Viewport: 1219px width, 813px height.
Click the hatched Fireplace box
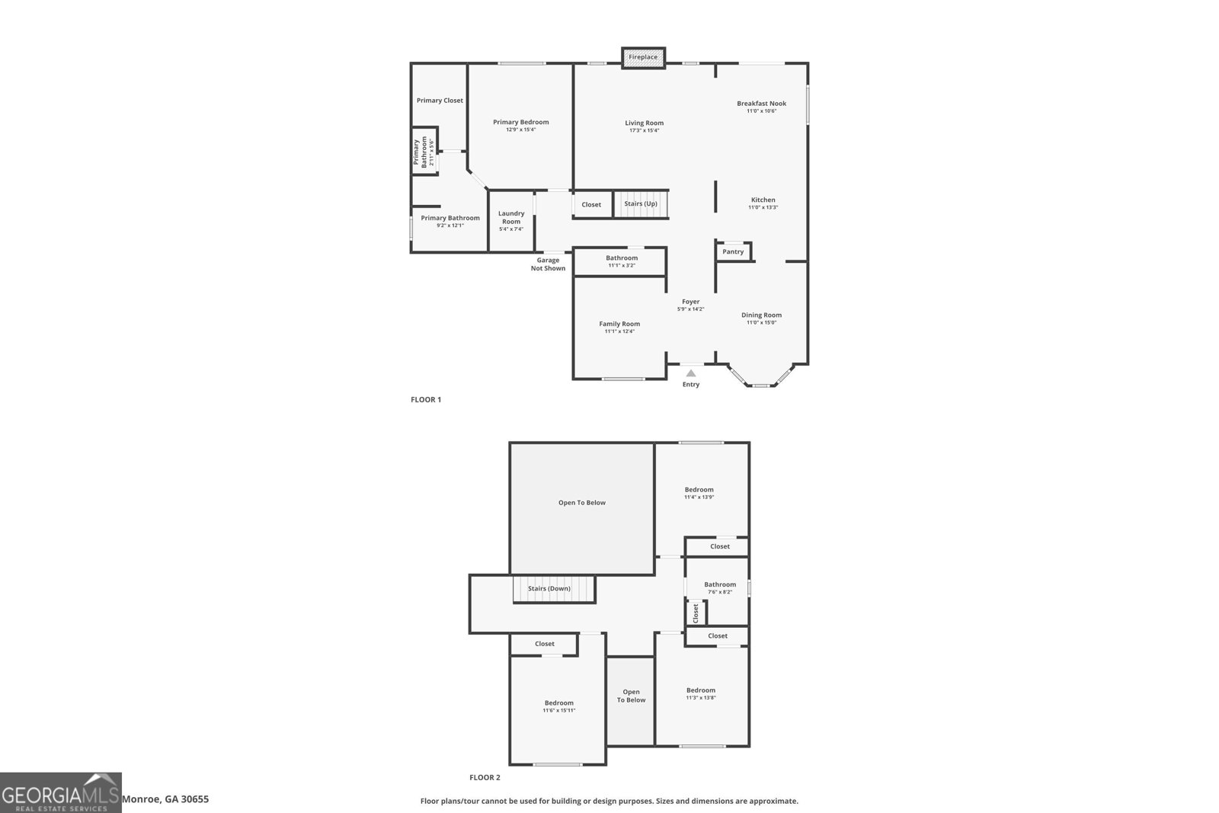643,57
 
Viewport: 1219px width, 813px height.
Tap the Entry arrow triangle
690,373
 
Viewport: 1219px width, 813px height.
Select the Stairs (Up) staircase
641,204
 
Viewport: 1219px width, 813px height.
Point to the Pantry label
733,251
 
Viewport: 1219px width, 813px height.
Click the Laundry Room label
511,217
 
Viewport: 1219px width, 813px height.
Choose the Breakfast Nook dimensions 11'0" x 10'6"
761,111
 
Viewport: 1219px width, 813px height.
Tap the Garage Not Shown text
548,264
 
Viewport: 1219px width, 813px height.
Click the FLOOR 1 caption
426,399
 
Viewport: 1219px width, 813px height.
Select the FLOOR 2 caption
485,777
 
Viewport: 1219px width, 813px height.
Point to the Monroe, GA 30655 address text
165,799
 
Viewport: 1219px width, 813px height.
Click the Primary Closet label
440,101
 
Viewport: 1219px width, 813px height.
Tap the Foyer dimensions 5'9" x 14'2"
690,309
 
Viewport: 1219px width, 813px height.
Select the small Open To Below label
631,696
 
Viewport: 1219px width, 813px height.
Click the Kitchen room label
763,200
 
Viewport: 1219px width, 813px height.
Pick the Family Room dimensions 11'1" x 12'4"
619,331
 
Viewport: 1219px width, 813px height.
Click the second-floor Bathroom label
720,584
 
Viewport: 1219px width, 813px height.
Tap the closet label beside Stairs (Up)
591,204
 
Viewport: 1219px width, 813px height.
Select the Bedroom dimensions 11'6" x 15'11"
558,710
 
